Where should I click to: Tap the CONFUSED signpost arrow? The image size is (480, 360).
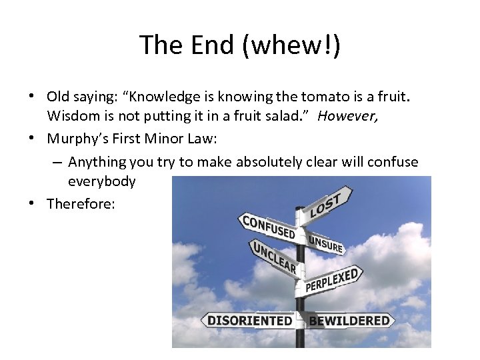(x=268, y=227)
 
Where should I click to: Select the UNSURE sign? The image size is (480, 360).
(x=325, y=243)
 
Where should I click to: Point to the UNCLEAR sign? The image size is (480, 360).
(x=274, y=257)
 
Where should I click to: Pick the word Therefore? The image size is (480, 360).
(x=81, y=204)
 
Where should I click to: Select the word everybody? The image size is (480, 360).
(x=101, y=181)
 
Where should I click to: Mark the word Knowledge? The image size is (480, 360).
(x=160, y=97)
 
